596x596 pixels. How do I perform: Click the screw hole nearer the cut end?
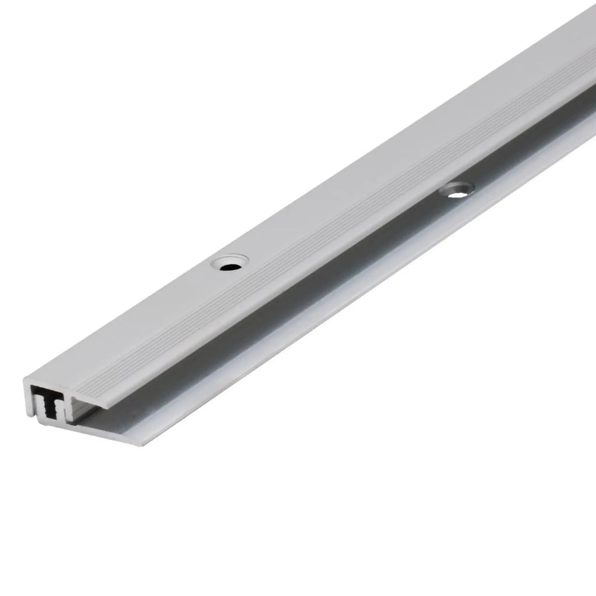229,263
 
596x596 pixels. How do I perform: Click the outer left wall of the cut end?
27,397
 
